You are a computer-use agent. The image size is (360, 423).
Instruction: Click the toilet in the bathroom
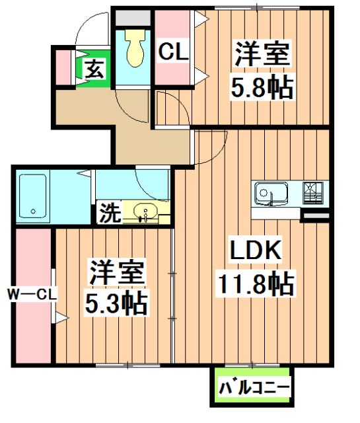[x=135, y=50]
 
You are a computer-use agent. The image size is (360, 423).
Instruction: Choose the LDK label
[x=256, y=250]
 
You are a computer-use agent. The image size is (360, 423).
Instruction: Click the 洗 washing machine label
[x=109, y=212]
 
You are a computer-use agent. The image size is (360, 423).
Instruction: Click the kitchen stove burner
[x=312, y=192]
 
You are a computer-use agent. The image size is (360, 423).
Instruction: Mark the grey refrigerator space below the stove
[x=315, y=215]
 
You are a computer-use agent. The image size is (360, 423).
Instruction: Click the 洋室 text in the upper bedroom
[x=261, y=53]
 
